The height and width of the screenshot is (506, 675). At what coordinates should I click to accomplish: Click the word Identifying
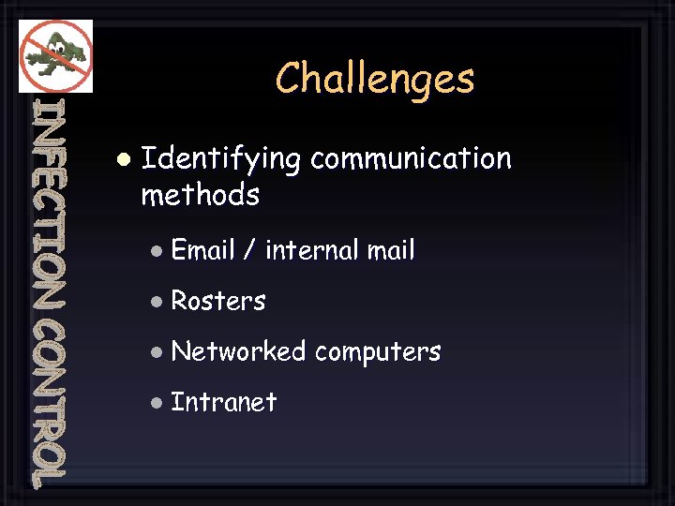tap(220, 160)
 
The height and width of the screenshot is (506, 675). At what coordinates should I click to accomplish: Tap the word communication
tap(411, 158)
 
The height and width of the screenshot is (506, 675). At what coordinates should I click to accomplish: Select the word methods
tap(200, 195)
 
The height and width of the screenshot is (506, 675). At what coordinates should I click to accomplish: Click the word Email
tap(203, 250)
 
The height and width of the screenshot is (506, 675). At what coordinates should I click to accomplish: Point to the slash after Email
tap(249, 251)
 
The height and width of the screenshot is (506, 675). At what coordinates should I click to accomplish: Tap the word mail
tap(391, 250)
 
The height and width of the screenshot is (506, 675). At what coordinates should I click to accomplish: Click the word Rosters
tap(218, 301)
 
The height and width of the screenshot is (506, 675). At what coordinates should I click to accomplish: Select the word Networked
tap(238, 351)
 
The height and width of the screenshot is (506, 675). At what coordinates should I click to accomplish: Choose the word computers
tap(377, 352)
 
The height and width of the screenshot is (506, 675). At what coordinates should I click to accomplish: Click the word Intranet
tap(224, 402)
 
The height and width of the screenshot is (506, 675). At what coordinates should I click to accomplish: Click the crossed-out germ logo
tap(56, 55)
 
